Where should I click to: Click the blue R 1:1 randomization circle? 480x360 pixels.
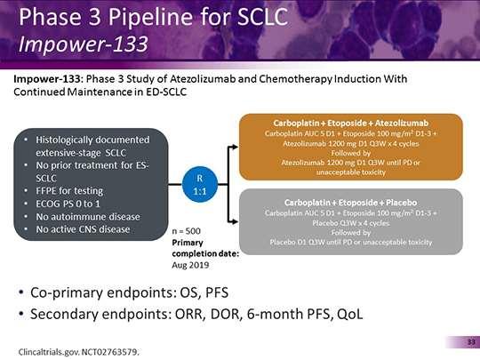coord(200,184)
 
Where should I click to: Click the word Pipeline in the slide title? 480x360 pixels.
coord(150,18)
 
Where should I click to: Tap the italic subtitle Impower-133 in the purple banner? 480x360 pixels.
coord(84,44)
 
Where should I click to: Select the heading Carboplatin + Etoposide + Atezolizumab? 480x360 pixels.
coord(351,123)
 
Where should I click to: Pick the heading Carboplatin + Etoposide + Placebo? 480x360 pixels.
coord(350,203)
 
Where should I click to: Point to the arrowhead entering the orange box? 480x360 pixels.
coord(234,147)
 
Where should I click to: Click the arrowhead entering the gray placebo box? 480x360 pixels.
coord(234,221)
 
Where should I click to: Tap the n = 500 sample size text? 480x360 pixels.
coord(186,231)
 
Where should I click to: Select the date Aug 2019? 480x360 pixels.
coord(190,265)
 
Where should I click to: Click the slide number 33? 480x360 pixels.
coord(471,341)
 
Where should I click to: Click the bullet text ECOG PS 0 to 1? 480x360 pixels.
coord(68,204)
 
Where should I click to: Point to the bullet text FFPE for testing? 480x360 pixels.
coord(69,191)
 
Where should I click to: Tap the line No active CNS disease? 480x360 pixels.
coord(83,229)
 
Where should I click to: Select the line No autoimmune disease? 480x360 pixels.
coord(88,217)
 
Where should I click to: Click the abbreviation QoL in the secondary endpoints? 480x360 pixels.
coord(349,315)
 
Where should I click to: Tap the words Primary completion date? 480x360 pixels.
coord(205,248)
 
